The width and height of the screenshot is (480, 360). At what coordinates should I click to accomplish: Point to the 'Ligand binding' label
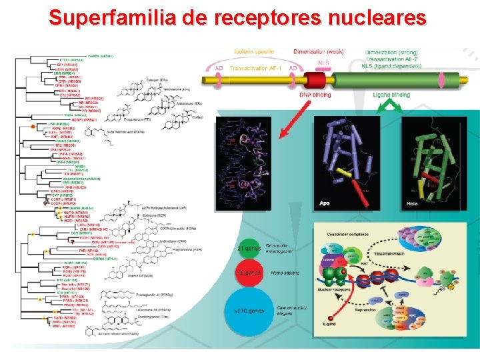(391, 96)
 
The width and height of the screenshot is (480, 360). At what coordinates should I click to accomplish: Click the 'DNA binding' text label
(315, 96)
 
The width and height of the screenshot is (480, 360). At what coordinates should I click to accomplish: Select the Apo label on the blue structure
(325, 203)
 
